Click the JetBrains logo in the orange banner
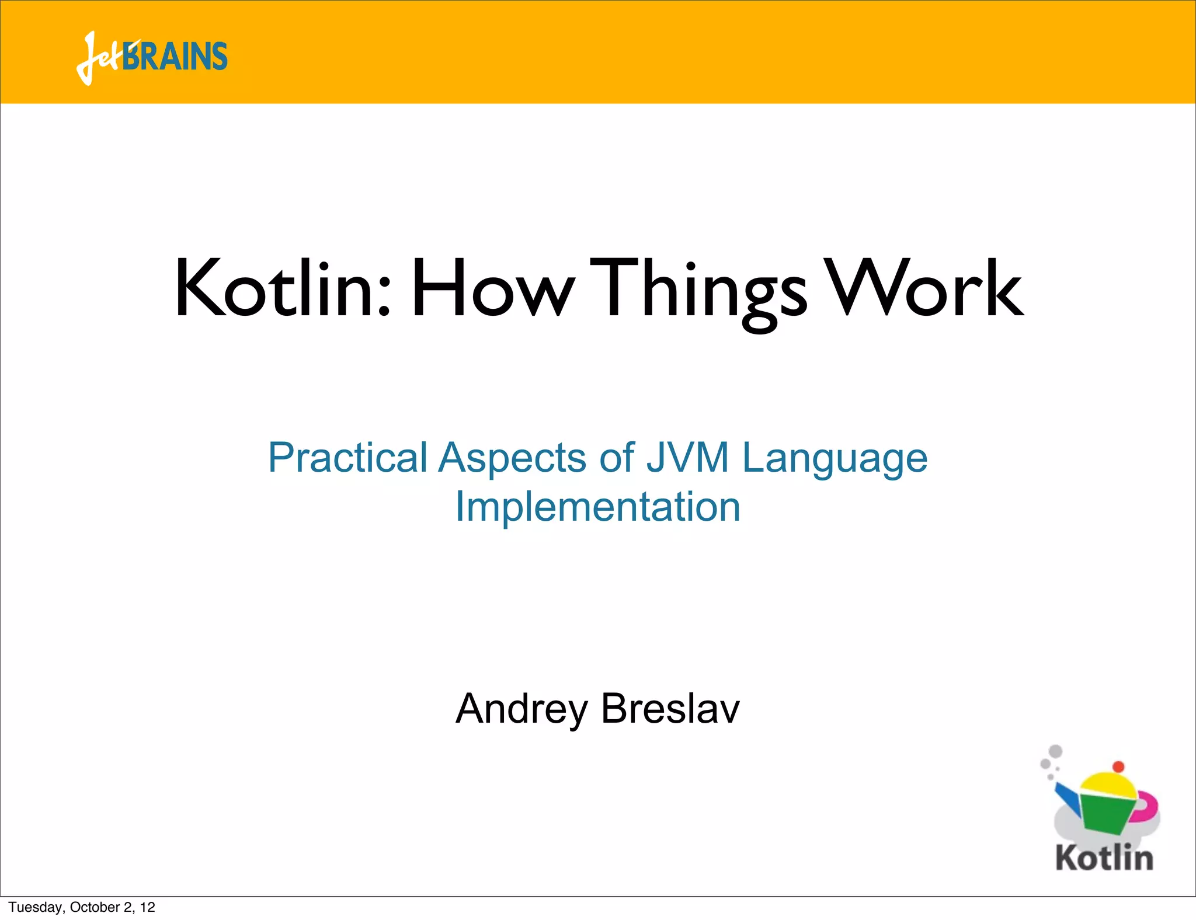(152, 57)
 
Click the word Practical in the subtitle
(348, 458)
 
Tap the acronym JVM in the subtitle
(687, 458)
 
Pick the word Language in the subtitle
(835, 459)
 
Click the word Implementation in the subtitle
(597, 506)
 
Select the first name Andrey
(521, 710)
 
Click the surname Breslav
(670, 709)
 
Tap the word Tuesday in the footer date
(36, 907)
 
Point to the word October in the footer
(95, 907)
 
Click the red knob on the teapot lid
(1118, 766)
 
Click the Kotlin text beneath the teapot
(1104, 858)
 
